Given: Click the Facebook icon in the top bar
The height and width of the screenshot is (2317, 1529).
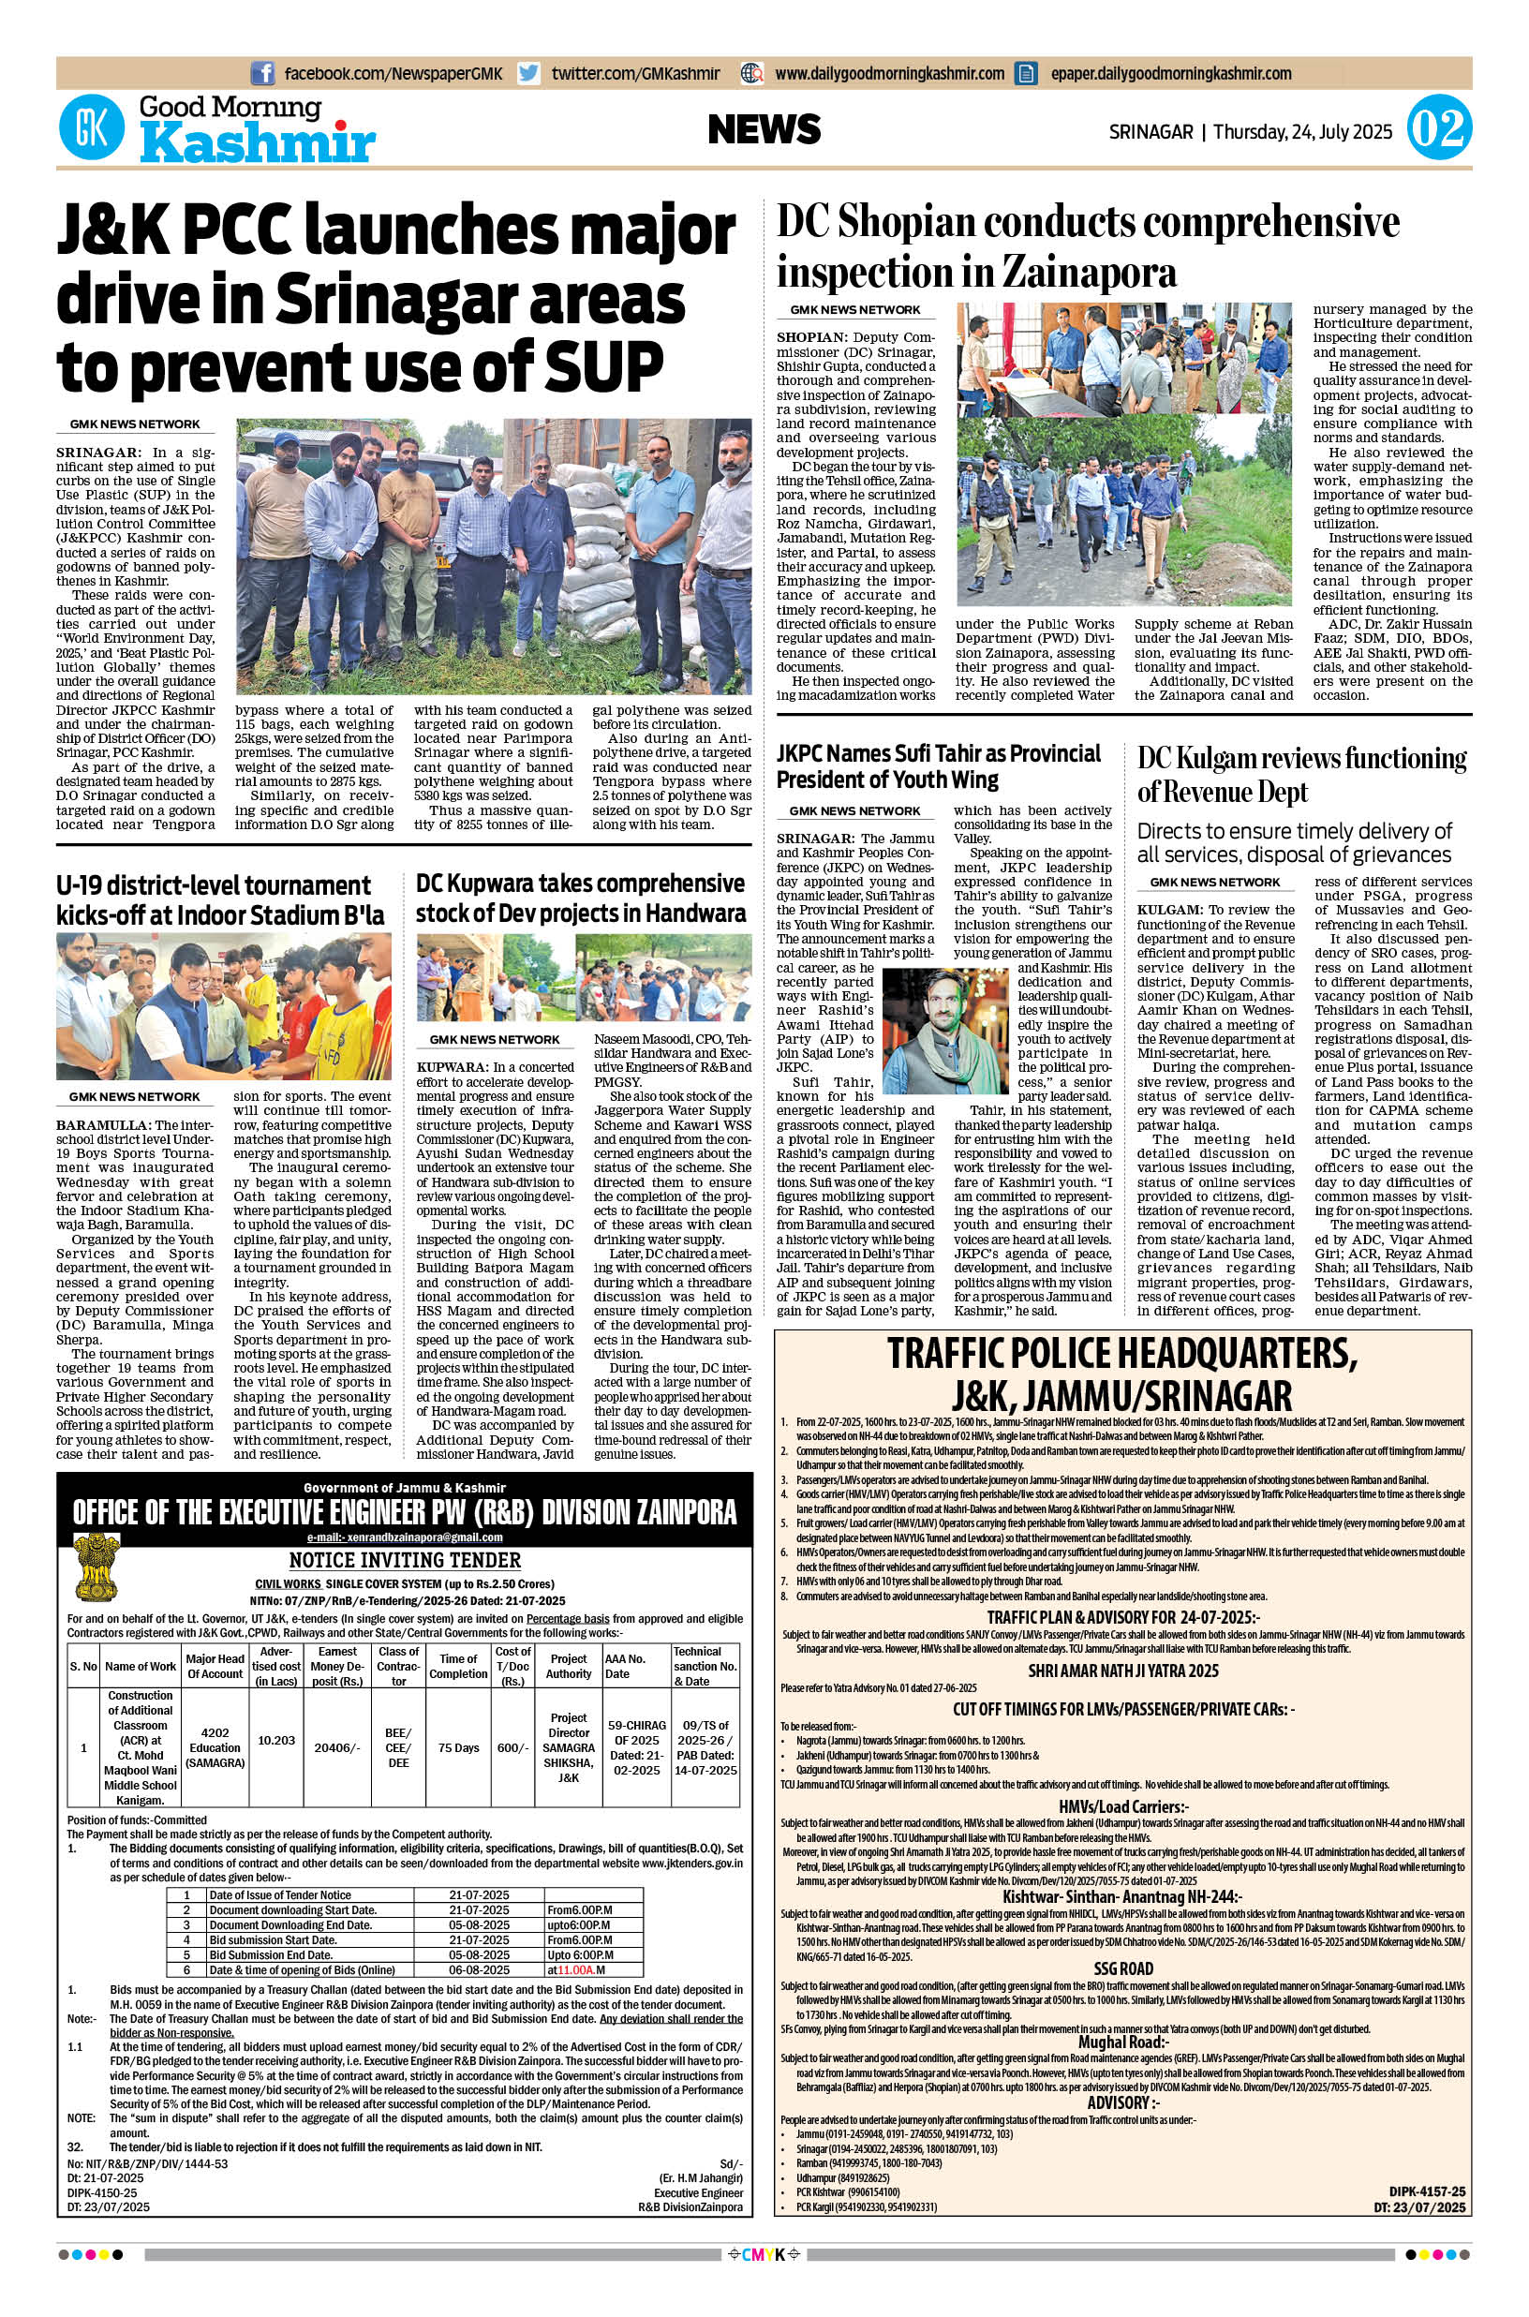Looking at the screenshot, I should coord(262,73).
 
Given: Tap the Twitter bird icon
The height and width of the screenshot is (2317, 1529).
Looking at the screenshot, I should coord(528,73).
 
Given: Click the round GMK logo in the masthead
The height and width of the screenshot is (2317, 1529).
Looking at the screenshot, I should coord(92,128).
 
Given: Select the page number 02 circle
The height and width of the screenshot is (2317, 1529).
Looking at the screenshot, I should coord(1438,129).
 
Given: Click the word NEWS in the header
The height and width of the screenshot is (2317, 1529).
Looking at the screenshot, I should coord(764,129).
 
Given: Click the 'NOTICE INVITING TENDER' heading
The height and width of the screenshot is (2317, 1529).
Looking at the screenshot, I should coord(405,1559).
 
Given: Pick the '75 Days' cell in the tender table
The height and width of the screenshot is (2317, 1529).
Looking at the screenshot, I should coord(458,1747).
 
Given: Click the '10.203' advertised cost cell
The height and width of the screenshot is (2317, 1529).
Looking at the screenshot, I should coord(277,1740).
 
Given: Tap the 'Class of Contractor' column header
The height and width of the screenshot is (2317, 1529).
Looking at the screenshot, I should coord(399,1666).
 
